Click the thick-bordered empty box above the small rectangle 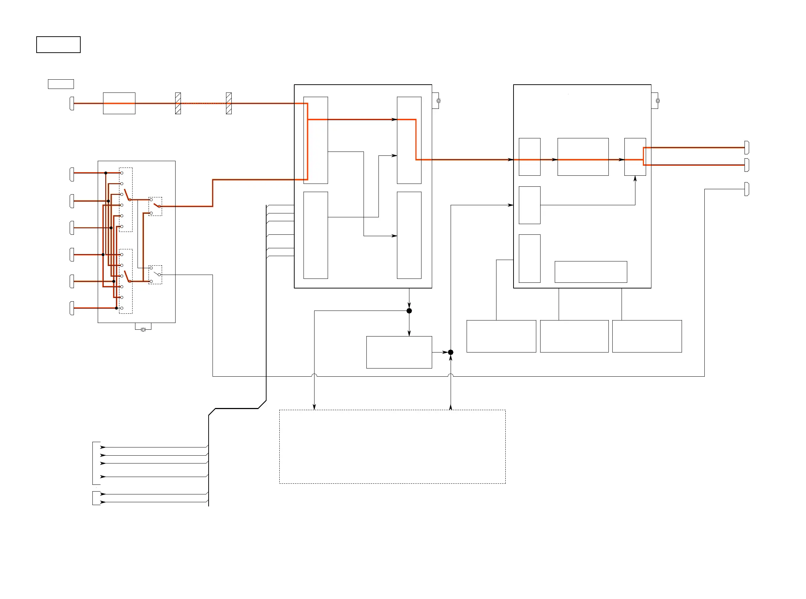click(58, 44)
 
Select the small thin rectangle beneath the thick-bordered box click(61, 84)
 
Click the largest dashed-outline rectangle click(392, 446)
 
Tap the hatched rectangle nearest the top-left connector click(178, 104)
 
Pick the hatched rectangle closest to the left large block click(229, 104)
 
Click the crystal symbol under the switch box click(143, 329)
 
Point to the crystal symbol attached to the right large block click(657, 101)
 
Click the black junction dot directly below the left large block click(409, 311)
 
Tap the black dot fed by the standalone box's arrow click(450, 352)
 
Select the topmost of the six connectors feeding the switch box click(72, 174)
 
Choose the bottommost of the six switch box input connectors click(72, 308)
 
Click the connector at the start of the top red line click(72, 104)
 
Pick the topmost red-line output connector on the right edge click(747, 148)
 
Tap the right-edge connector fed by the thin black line click(747, 189)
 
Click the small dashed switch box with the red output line click(155, 206)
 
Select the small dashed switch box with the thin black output click(155, 275)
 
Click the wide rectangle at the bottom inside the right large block click(591, 272)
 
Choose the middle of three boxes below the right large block click(574, 336)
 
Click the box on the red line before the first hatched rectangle click(119, 104)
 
